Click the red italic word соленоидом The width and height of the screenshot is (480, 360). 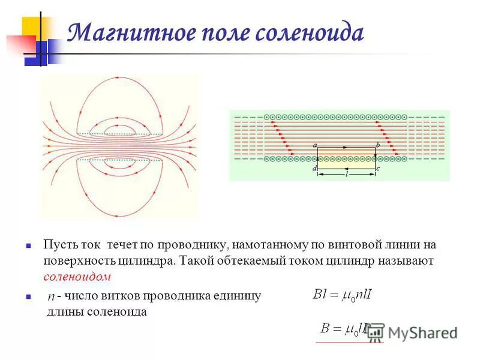(77, 277)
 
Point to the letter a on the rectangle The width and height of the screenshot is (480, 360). (315, 145)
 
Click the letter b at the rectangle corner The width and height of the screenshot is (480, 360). (378, 145)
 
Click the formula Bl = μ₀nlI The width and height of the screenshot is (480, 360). (342, 294)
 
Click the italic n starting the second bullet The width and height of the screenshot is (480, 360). (51, 297)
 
